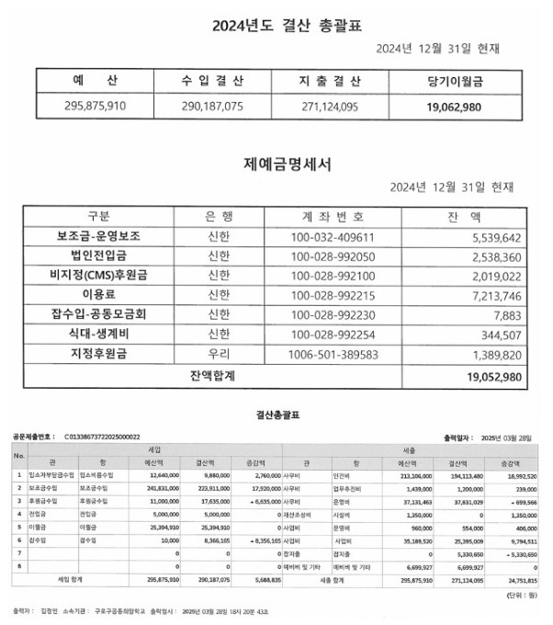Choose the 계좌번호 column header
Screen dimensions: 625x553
point(333,217)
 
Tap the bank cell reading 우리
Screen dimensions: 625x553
point(220,353)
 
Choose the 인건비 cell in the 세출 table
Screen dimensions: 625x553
point(347,475)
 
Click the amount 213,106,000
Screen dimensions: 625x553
point(411,475)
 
